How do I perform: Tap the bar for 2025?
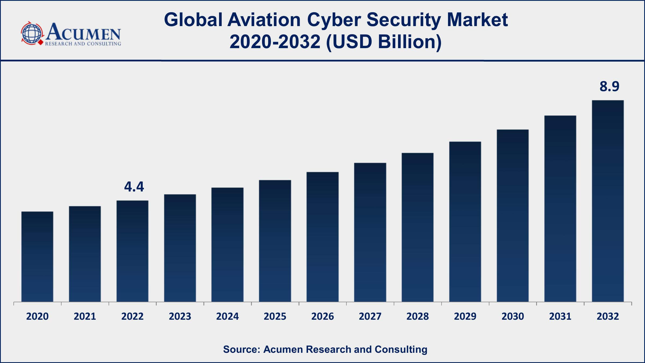[275, 241]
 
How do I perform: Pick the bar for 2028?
[417, 227]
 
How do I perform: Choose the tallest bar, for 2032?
[608, 201]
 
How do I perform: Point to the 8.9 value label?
[609, 87]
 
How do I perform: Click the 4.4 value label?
[134, 187]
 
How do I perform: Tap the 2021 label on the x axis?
[85, 316]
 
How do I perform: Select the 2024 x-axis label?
[227, 316]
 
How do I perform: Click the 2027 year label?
[370, 316]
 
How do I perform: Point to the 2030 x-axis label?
[513, 316]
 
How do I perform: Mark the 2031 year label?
[560, 316]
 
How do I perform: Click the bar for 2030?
[513, 216]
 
